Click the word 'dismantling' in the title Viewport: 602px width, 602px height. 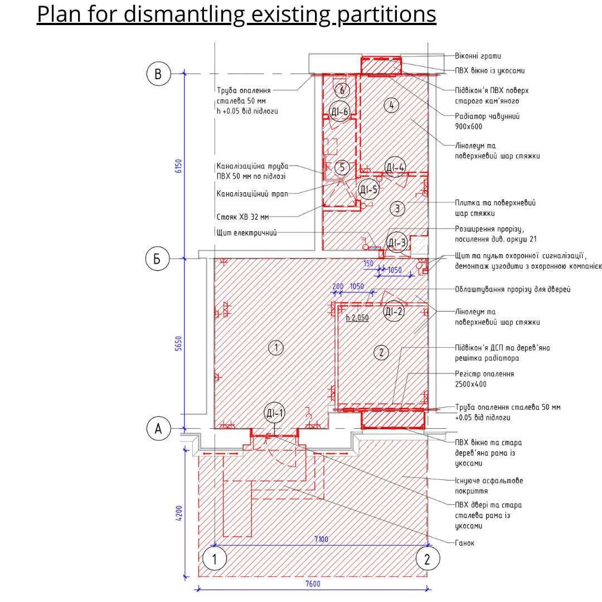pyautogui.click(x=183, y=15)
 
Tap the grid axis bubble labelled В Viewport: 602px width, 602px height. pyautogui.click(x=158, y=74)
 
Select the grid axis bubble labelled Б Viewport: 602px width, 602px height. pyautogui.click(x=158, y=259)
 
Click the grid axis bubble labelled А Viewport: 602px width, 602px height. pyautogui.click(x=158, y=429)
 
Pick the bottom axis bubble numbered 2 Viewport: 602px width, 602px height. pyautogui.click(x=428, y=559)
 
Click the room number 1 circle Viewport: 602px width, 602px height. pyautogui.click(x=275, y=348)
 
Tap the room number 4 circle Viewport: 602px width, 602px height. pyautogui.click(x=391, y=104)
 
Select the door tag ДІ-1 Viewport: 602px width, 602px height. pyautogui.click(x=275, y=414)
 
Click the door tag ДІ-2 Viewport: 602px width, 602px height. pyautogui.click(x=394, y=312)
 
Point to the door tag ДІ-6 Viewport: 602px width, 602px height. pyautogui.click(x=339, y=111)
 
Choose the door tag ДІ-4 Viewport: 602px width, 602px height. pyautogui.click(x=395, y=167)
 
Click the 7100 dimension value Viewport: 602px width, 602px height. pyautogui.click(x=321, y=539)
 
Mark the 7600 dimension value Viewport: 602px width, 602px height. pyautogui.click(x=313, y=584)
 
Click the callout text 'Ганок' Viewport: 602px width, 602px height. pyautogui.click(x=465, y=543)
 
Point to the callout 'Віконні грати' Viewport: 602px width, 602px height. pyautogui.click(x=478, y=56)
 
